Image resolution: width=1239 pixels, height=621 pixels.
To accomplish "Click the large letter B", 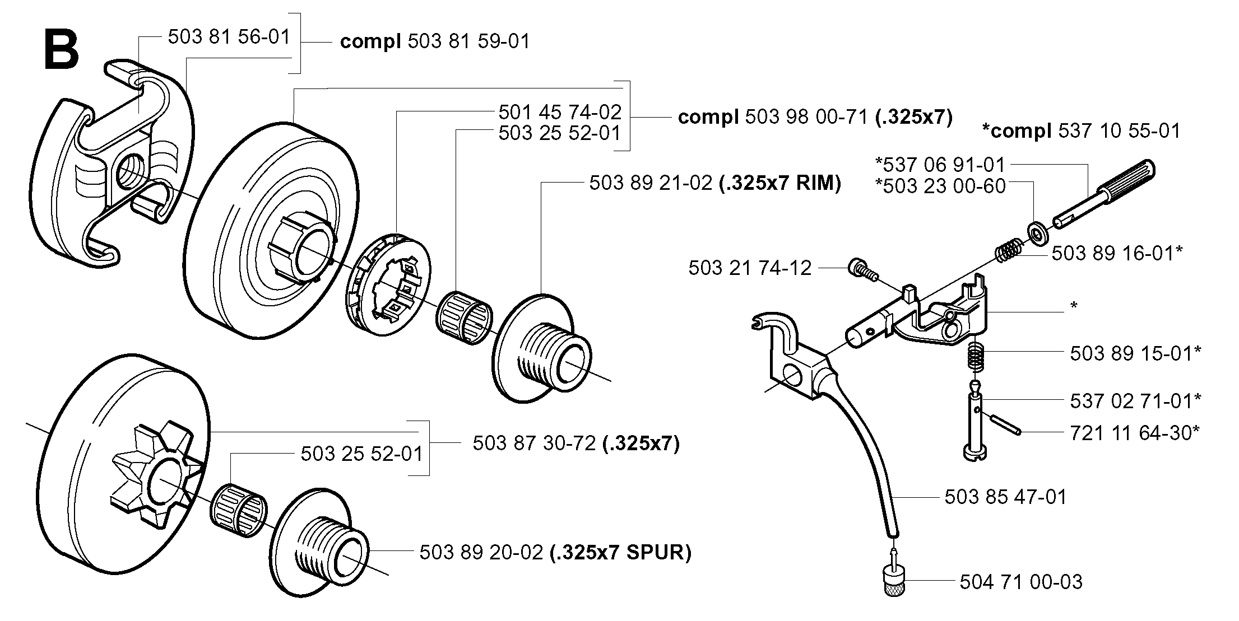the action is pos(61,50).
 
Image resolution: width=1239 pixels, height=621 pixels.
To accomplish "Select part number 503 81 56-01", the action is pos(229,37).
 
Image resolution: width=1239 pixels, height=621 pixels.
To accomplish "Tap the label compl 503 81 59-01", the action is pos(435,41).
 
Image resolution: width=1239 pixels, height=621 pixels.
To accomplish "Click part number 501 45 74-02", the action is pos(560,112).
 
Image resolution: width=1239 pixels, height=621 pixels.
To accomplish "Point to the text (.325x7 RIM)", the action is pos(779,183).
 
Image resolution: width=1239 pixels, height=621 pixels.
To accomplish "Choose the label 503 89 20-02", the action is pos(481,553).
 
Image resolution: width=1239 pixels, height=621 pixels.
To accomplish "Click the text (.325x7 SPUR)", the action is pos(620,553).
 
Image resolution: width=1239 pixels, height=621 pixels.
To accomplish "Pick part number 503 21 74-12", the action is pos(750,268).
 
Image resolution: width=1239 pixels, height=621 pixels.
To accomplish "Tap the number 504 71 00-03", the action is pos(1021,582).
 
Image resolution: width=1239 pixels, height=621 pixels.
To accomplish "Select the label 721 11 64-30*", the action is pos(1135,432).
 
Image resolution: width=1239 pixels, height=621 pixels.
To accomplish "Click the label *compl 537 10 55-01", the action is pos(1081,130).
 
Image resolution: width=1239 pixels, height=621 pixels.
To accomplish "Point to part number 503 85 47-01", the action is pos(1006,497).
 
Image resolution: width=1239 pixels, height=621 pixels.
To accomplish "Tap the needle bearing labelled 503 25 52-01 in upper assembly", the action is pos(463,317).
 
